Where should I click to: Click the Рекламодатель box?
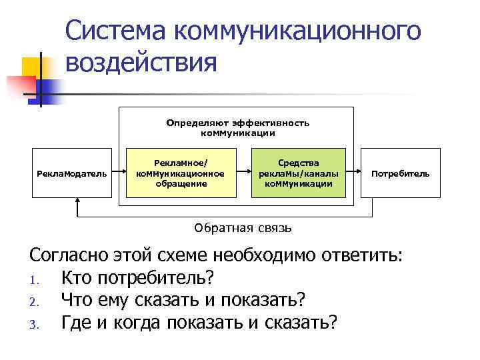71,173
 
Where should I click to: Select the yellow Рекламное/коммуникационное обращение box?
180,173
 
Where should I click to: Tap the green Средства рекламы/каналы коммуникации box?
298,173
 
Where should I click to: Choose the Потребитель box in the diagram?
400,173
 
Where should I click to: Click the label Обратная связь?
243,228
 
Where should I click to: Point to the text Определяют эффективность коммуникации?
238,128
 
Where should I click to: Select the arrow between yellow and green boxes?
244,173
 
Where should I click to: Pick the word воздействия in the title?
141,64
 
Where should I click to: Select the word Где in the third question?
75,323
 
